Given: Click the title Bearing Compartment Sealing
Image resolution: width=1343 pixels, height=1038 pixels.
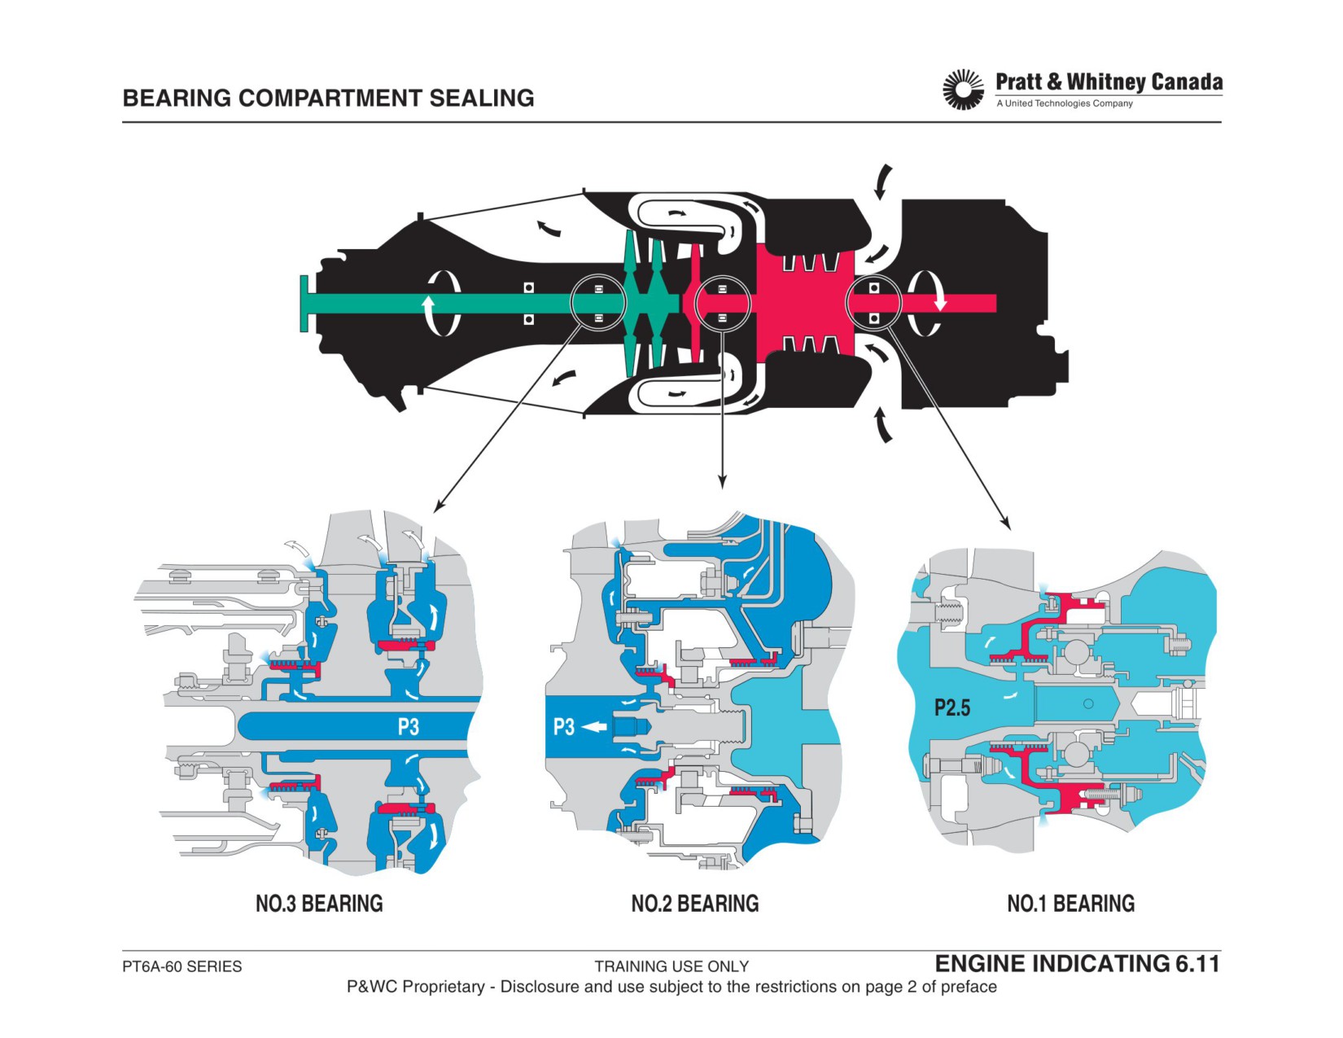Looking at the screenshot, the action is point(328,99).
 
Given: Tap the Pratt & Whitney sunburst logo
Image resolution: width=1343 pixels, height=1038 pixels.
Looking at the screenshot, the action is point(962,90).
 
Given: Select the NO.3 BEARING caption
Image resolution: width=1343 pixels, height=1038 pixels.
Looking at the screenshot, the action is point(320,903).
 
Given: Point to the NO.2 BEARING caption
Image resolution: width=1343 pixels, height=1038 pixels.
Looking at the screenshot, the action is point(694,903).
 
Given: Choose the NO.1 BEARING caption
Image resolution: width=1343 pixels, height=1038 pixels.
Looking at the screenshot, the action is point(1070,903).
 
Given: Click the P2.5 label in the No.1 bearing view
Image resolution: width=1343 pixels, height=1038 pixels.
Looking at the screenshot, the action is point(951,707).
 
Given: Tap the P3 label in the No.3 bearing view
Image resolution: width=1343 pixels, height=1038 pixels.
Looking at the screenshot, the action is point(408,726).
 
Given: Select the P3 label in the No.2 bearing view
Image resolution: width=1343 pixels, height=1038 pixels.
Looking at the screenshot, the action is point(563,726).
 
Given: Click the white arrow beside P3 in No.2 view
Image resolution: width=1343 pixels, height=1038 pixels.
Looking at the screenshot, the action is point(593,727).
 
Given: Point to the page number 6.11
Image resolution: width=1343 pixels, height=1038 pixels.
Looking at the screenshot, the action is point(1198,963).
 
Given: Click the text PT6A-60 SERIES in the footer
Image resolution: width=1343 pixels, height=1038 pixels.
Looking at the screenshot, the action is point(182,966).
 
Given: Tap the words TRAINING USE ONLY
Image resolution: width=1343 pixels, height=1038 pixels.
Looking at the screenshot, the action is point(671,966).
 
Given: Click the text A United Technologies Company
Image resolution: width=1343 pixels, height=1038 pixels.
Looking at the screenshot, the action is point(1065,103).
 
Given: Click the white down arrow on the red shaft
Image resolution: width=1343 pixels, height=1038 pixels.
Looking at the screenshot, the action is point(940,300).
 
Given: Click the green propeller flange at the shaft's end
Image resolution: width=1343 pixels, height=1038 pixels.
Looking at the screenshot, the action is point(304,304).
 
